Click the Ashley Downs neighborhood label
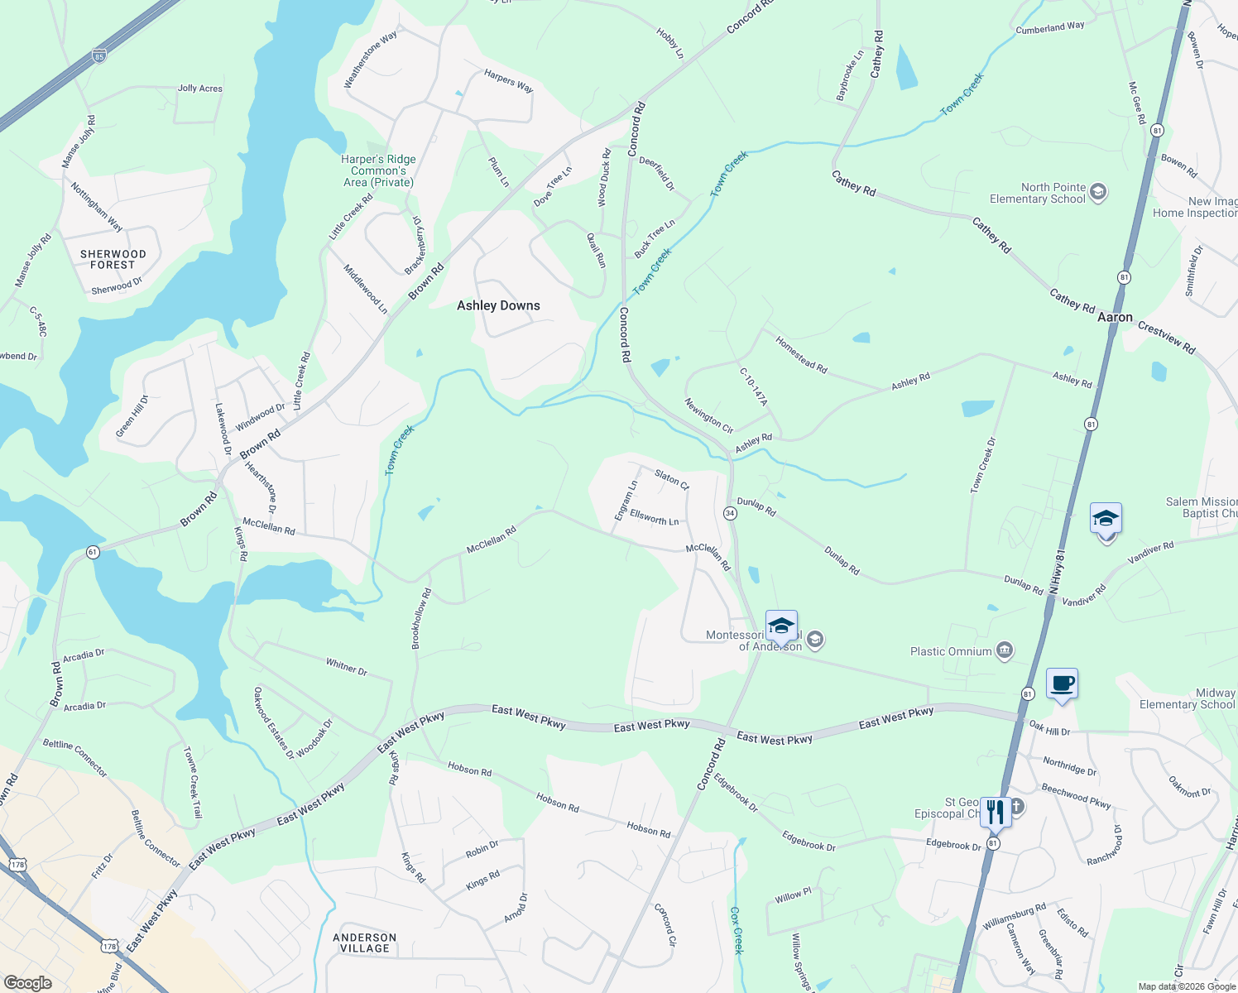coord(498,305)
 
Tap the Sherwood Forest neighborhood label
coord(113,260)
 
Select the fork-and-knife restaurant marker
coord(995,813)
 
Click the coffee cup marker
coord(1062,684)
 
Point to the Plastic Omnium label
coord(951,651)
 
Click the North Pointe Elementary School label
coord(1038,193)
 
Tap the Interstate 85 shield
coord(99,55)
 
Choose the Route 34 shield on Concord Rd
coord(730,513)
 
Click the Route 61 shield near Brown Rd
coord(93,552)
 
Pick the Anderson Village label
coord(364,943)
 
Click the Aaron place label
coord(1115,317)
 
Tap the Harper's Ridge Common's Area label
coord(378,170)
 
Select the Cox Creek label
coord(737,930)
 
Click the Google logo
coord(27,982)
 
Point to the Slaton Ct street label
coord(671,479)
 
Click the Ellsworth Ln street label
coord(654,517)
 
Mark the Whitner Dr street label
coord(346,667)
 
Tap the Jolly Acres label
coord(200,89)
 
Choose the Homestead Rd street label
coord(801,354)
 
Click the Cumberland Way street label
coord(1050,28)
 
